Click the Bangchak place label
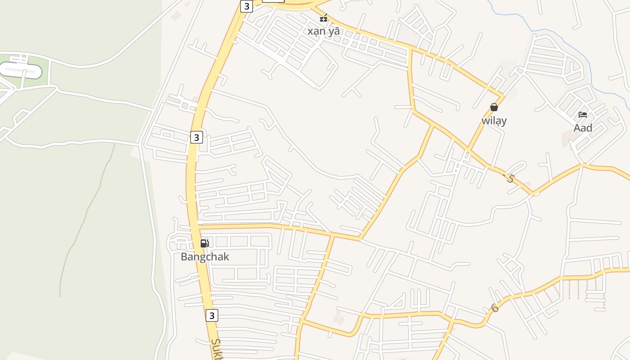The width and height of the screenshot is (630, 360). (x=205, y=257)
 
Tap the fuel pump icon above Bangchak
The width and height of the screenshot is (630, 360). (x=204, y=243)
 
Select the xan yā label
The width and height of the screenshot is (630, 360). (x=324, y=31)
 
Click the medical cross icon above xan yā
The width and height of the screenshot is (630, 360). (x=323, y=18)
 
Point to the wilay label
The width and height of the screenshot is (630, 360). (x=494, y=121)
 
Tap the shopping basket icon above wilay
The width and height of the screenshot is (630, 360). (x=494, y=107)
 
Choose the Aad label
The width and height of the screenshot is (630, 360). (x=583, y=128)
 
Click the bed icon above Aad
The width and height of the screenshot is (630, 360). (x=583, y=115)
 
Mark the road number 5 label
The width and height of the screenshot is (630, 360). (x=510, y=178)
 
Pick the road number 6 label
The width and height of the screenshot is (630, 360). (x=495, y=308)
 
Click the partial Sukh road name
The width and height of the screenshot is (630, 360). (x=217, y=349)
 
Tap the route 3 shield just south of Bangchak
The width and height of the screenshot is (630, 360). (x=212, y=315)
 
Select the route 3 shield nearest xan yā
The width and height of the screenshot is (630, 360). (x=246, y=6)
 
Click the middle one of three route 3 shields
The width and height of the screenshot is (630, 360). (x=196, y=137)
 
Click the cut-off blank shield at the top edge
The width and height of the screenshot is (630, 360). (x=273, y=1)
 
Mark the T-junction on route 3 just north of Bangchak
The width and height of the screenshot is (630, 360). (x=198, y=225)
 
